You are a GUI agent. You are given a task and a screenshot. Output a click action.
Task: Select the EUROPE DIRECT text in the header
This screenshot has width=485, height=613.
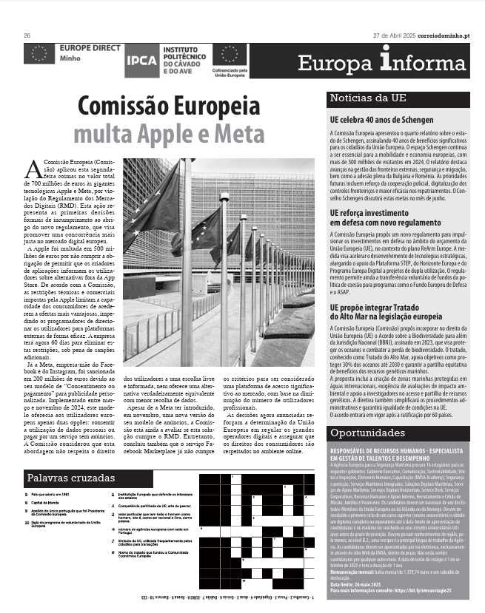[x=87, y=47]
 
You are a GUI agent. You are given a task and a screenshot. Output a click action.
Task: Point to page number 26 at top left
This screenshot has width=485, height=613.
[x=27, y=35]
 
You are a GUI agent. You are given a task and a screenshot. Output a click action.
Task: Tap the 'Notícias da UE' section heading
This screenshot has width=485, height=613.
[x=367, y=98]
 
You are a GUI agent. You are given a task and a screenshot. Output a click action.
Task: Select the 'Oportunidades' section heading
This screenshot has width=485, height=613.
[x=367, y=431]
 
